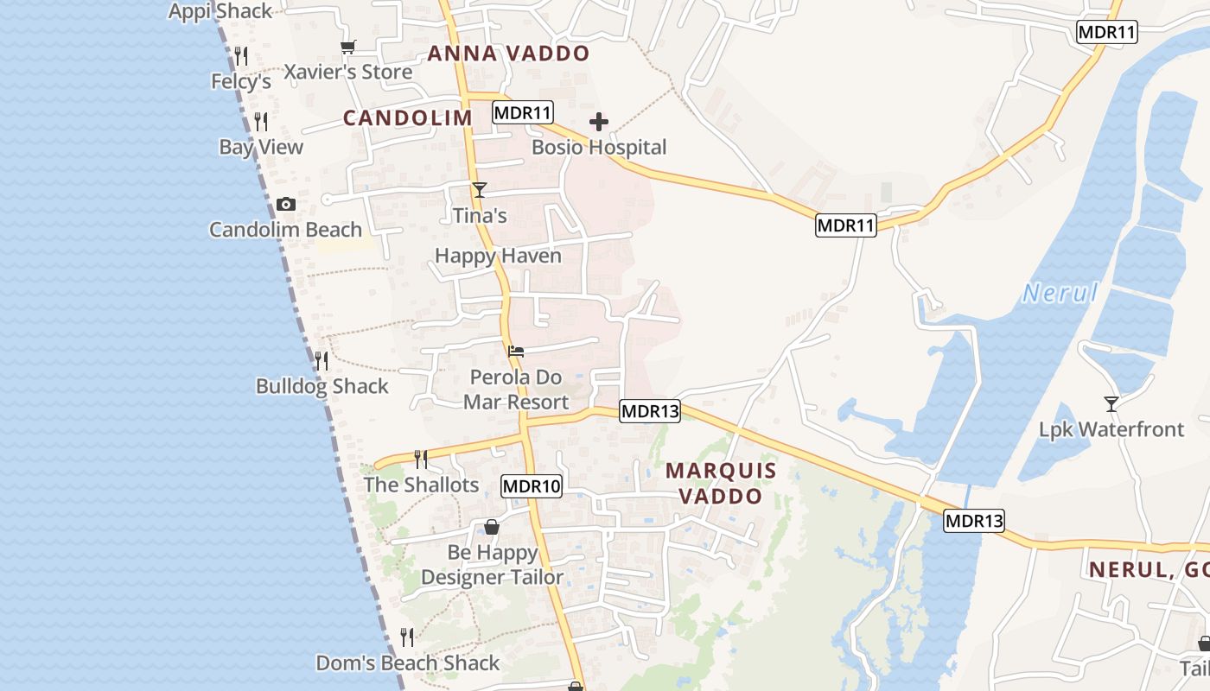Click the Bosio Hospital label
click(x=599, y=147)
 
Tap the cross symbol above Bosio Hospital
click(x=599, y=122)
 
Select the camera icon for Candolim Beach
click(x=286, y=205)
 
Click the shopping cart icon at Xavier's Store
click(x=347, y=48)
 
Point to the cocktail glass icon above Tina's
click(x=480, y=190)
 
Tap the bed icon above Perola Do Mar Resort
click(x=516, y=351)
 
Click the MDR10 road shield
click(x=532, y=486)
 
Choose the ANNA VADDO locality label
click(x=508, y=54)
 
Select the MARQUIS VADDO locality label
click(x=721, y=484)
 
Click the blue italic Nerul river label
click(x=1060, y=294)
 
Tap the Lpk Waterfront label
click(x=1111, y=429)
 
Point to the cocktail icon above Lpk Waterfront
click(x=1111, y=403)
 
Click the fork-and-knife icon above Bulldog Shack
click(x=322, y=360)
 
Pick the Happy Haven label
click(x=498, y=256)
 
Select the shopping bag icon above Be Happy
click(x=492, y=527)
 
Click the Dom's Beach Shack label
click(x=407, y=663)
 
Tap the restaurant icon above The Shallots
click(x=421, y=459)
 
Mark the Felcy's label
click(x=241, y=82)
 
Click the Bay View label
click(x=261, y=147)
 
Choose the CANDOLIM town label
click(x=408, y=118)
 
